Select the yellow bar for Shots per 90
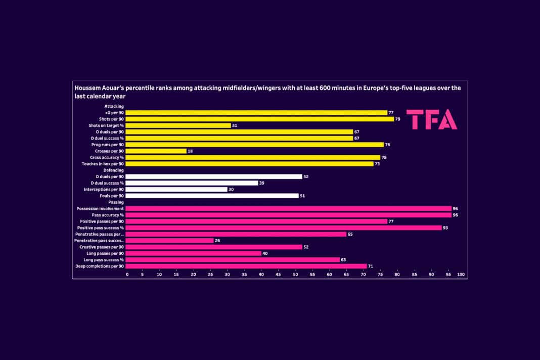coord(259,119)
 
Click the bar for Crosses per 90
coord(156,151)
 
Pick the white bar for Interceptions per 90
coord(176,189)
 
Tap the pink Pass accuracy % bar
coord(288,215)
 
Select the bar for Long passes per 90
coord(193,253)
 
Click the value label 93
coord(445,228)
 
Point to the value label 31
coord(235,125)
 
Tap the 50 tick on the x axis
coord(295,275)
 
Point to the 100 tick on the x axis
coord(461,275)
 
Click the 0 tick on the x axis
coord(127,275)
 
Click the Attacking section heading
coord(114,106)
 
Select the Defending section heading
coord(113,170)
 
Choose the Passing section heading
coord(116,202)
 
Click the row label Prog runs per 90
coord(107,145)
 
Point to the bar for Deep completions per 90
coord(246,266)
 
